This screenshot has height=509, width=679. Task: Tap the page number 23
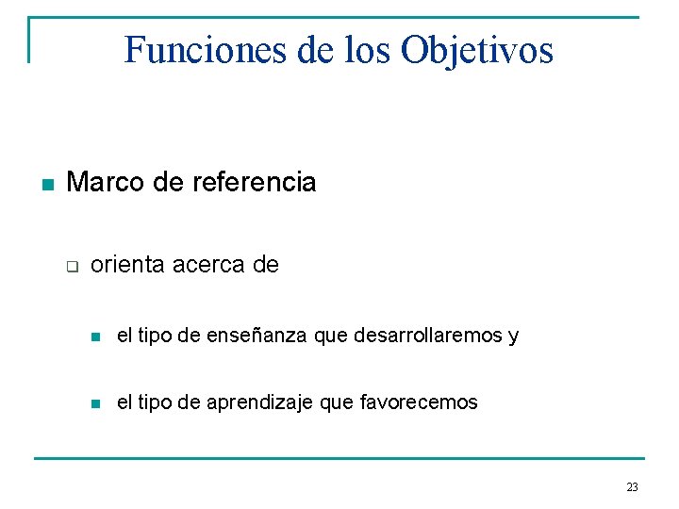pyautogui.click(x=632, y=487)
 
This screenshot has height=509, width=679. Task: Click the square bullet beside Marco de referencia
pyautogui.click(x=45, y=183)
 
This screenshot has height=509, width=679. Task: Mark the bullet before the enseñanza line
pyautogui.click(x=93, y=337)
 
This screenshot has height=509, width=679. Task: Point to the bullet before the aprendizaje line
pyautogui.click(x=93, y=403)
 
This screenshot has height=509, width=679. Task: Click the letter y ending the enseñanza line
pyautogui.click(x=513, y=337)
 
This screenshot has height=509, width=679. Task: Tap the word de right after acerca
pyautogui.click(x=266, y=265)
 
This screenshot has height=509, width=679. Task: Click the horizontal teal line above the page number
pyautogui.click(x=339, y=459)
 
